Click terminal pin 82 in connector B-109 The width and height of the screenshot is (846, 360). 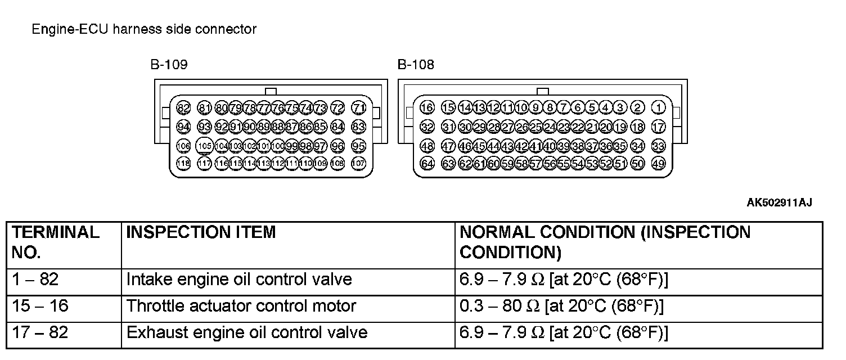(x=183, y=108)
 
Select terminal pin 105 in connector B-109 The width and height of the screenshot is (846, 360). (x=205, y=146)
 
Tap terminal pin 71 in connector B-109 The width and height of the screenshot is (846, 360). (x=358, y=108)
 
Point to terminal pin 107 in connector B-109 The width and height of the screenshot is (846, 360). (x=358, y=164)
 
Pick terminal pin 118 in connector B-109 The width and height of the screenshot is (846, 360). (x=183, y=164)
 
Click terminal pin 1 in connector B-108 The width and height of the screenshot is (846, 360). (x=658, y=108)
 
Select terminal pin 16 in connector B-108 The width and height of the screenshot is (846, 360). (x=427, y=108)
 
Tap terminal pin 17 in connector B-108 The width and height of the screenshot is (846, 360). (x=658, y=127)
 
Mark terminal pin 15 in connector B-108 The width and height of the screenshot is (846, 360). (x=448, y=108)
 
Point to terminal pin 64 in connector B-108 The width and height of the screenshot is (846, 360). (x=427, y=164)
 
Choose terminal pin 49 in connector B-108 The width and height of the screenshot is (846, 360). (x=658, y=164)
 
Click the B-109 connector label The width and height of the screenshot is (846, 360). (x=168, y=65)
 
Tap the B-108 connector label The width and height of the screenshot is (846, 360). (x=416, y=65)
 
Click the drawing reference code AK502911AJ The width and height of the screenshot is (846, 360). (x=779, y=202)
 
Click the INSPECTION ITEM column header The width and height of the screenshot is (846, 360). (x=201, y=232)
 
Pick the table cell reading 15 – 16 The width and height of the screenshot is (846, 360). (x=39, y=306)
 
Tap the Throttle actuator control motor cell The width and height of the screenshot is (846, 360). (x=241, y=306)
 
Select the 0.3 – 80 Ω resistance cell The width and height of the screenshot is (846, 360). (x=561, y=306)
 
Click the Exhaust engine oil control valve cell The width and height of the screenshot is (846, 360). (x=247, y=332)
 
